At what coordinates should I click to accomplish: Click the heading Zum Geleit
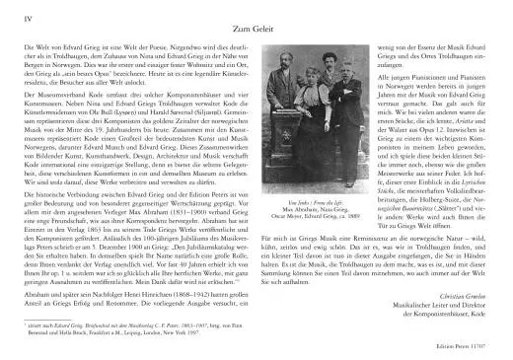click(256, 30)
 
